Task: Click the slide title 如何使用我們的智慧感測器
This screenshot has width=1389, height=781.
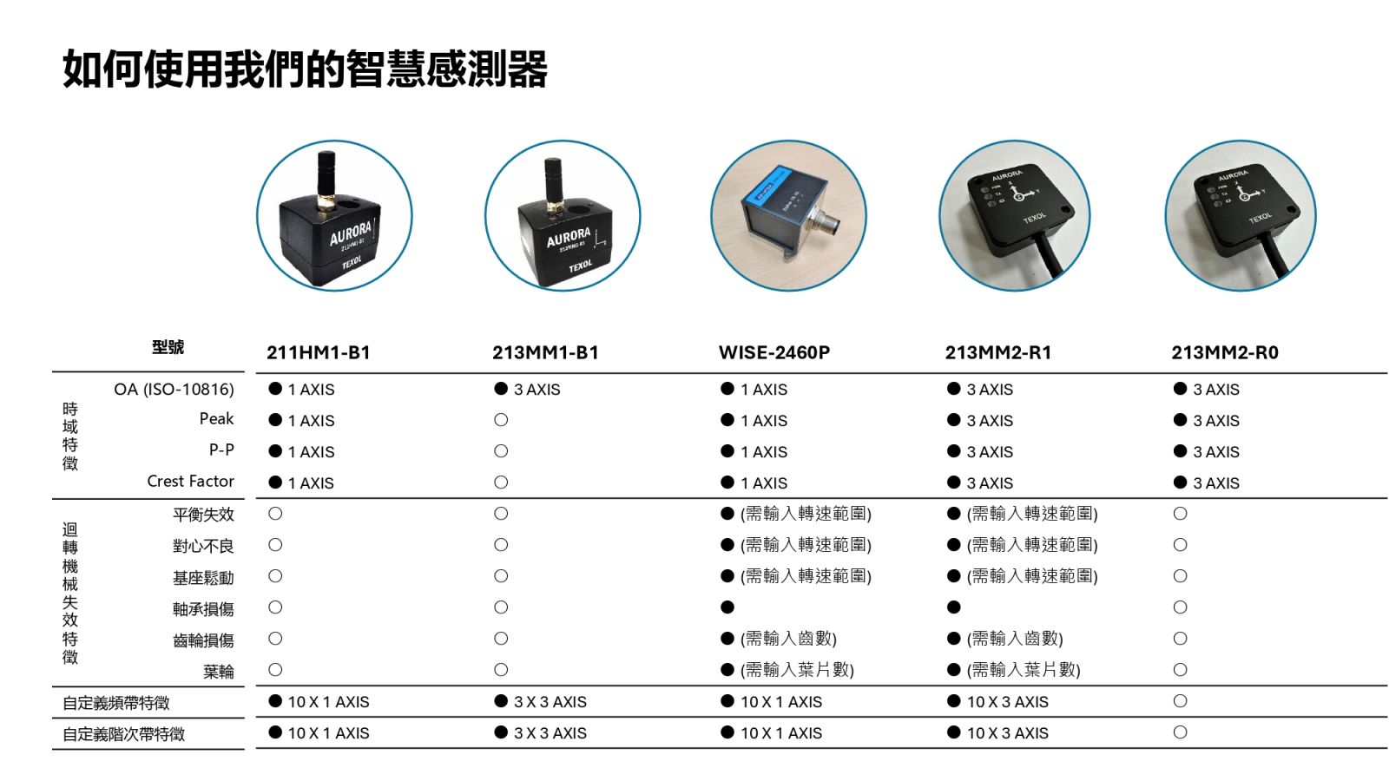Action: click(x=305, y=69)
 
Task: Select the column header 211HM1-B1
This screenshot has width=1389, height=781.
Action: click(x=319, y=352)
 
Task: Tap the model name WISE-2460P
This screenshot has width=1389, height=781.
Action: click(x=773, y=352)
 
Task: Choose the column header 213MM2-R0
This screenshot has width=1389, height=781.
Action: click(x=1225, y=352)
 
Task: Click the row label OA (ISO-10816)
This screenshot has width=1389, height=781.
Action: click(x=174, y=390)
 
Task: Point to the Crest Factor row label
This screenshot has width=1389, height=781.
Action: click(x=190, y=481)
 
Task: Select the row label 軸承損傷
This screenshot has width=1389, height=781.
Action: click(x=203, y=609)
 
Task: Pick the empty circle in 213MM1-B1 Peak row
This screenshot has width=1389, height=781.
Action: click(x=501, y=420)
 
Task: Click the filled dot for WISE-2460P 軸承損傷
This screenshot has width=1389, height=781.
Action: click(x=727, y=607)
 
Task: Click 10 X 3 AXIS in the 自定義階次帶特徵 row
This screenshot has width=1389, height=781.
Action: click(x=1008, y=733)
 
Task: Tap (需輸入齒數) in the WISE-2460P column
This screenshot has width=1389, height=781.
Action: click(x=789, y=639)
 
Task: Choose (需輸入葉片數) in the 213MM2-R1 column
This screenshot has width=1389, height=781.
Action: click(x=1024, y=670)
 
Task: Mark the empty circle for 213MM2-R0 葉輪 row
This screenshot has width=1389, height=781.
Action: click(x=1180, y=670)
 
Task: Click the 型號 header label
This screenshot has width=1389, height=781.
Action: click(x=168, y=347)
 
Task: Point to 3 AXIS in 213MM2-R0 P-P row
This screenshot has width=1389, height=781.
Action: click(x=1216, y=452)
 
